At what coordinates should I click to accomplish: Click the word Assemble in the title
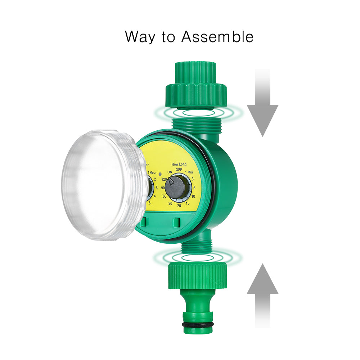217,37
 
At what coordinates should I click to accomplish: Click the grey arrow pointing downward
262,108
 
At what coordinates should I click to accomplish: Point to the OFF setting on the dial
179,169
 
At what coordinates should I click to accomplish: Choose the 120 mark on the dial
165,179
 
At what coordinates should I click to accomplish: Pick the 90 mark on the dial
163,188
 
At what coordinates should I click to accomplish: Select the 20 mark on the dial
179,206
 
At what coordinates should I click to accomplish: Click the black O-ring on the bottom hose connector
198,325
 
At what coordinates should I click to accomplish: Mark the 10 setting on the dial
193,196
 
